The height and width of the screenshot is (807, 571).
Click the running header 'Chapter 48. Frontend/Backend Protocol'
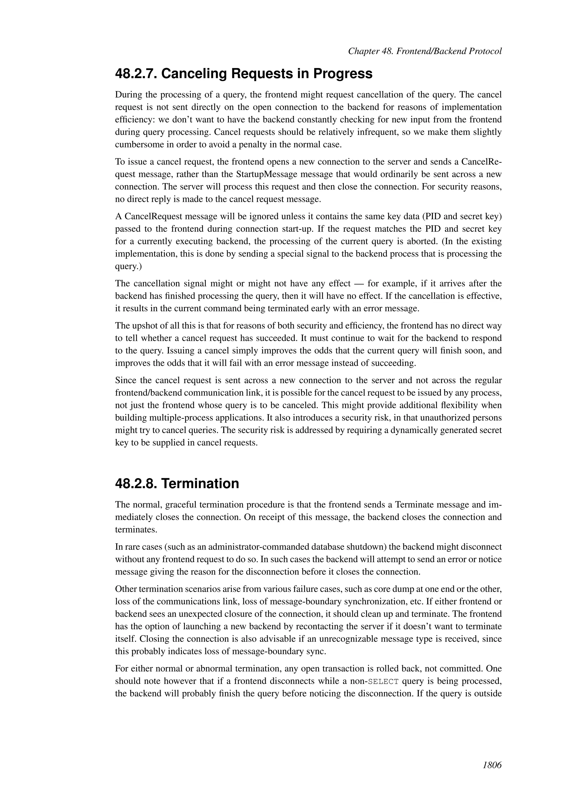(x=424, y=51)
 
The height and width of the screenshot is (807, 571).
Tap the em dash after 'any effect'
(x=359, y=284)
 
